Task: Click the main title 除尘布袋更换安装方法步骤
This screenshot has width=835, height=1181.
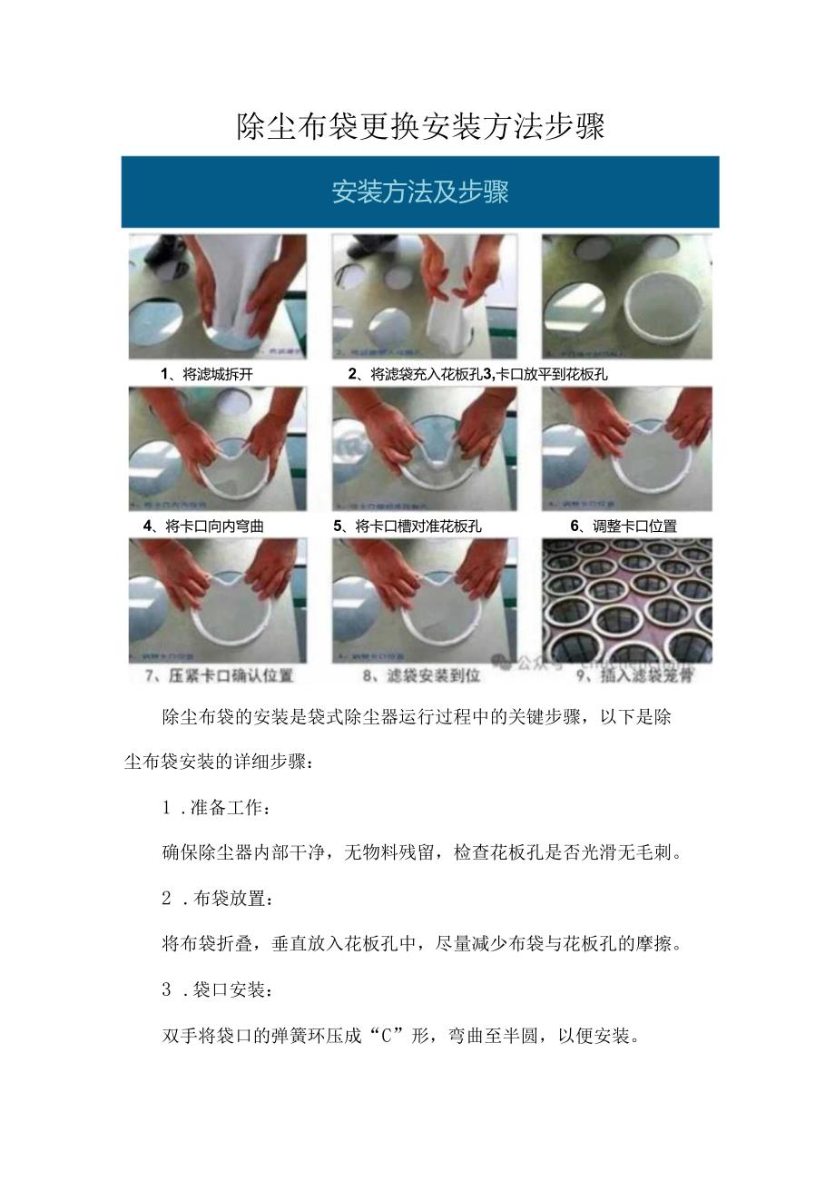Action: tap(419, 125)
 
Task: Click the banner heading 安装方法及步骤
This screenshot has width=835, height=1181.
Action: tap(419, 192)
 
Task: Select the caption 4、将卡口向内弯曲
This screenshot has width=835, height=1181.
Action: tap(204, 526)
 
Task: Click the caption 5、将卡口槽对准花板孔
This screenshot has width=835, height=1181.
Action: tap(408, 526)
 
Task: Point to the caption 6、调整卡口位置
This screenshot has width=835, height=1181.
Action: tap(624, 526)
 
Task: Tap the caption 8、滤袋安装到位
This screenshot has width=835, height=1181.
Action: tap(421, 675)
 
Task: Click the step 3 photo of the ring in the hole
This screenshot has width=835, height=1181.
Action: tap(626, 297)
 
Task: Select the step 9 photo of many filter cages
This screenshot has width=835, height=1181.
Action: tap(626, 601)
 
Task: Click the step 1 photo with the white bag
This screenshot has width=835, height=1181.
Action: tap(218, 297)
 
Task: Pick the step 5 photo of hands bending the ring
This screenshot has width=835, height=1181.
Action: tap(425, 449)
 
